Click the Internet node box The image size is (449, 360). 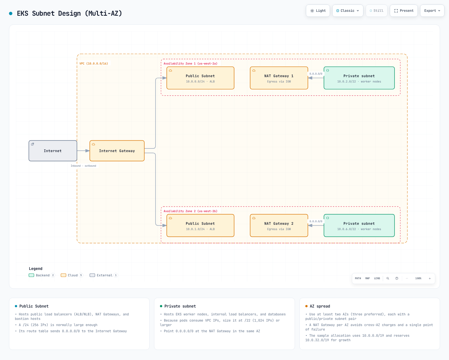[53, 151]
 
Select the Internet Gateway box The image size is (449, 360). [117, 151]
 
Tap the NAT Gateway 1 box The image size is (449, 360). [279, 78]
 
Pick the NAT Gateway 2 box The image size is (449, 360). [279, 225]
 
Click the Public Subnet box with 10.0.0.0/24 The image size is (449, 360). [200, 78]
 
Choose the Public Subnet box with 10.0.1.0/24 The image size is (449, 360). [200, 225]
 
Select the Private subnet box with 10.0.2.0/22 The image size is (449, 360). [359, 78]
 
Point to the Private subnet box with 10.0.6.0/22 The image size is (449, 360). [359, 225]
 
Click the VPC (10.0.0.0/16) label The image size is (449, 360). [94, 63]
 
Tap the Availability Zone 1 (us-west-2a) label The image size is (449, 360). [190, 63]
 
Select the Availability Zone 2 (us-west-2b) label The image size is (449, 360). [190, 211]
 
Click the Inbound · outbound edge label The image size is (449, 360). [83, 166]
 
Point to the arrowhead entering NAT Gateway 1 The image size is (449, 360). [310, 78]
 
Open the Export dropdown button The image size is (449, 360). [432, 11]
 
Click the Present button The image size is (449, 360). [404, 11]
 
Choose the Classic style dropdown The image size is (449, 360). [348, 11]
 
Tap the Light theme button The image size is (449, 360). [318, 11]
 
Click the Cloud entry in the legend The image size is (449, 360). [72, 275]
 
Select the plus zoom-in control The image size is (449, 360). [430, 278]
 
